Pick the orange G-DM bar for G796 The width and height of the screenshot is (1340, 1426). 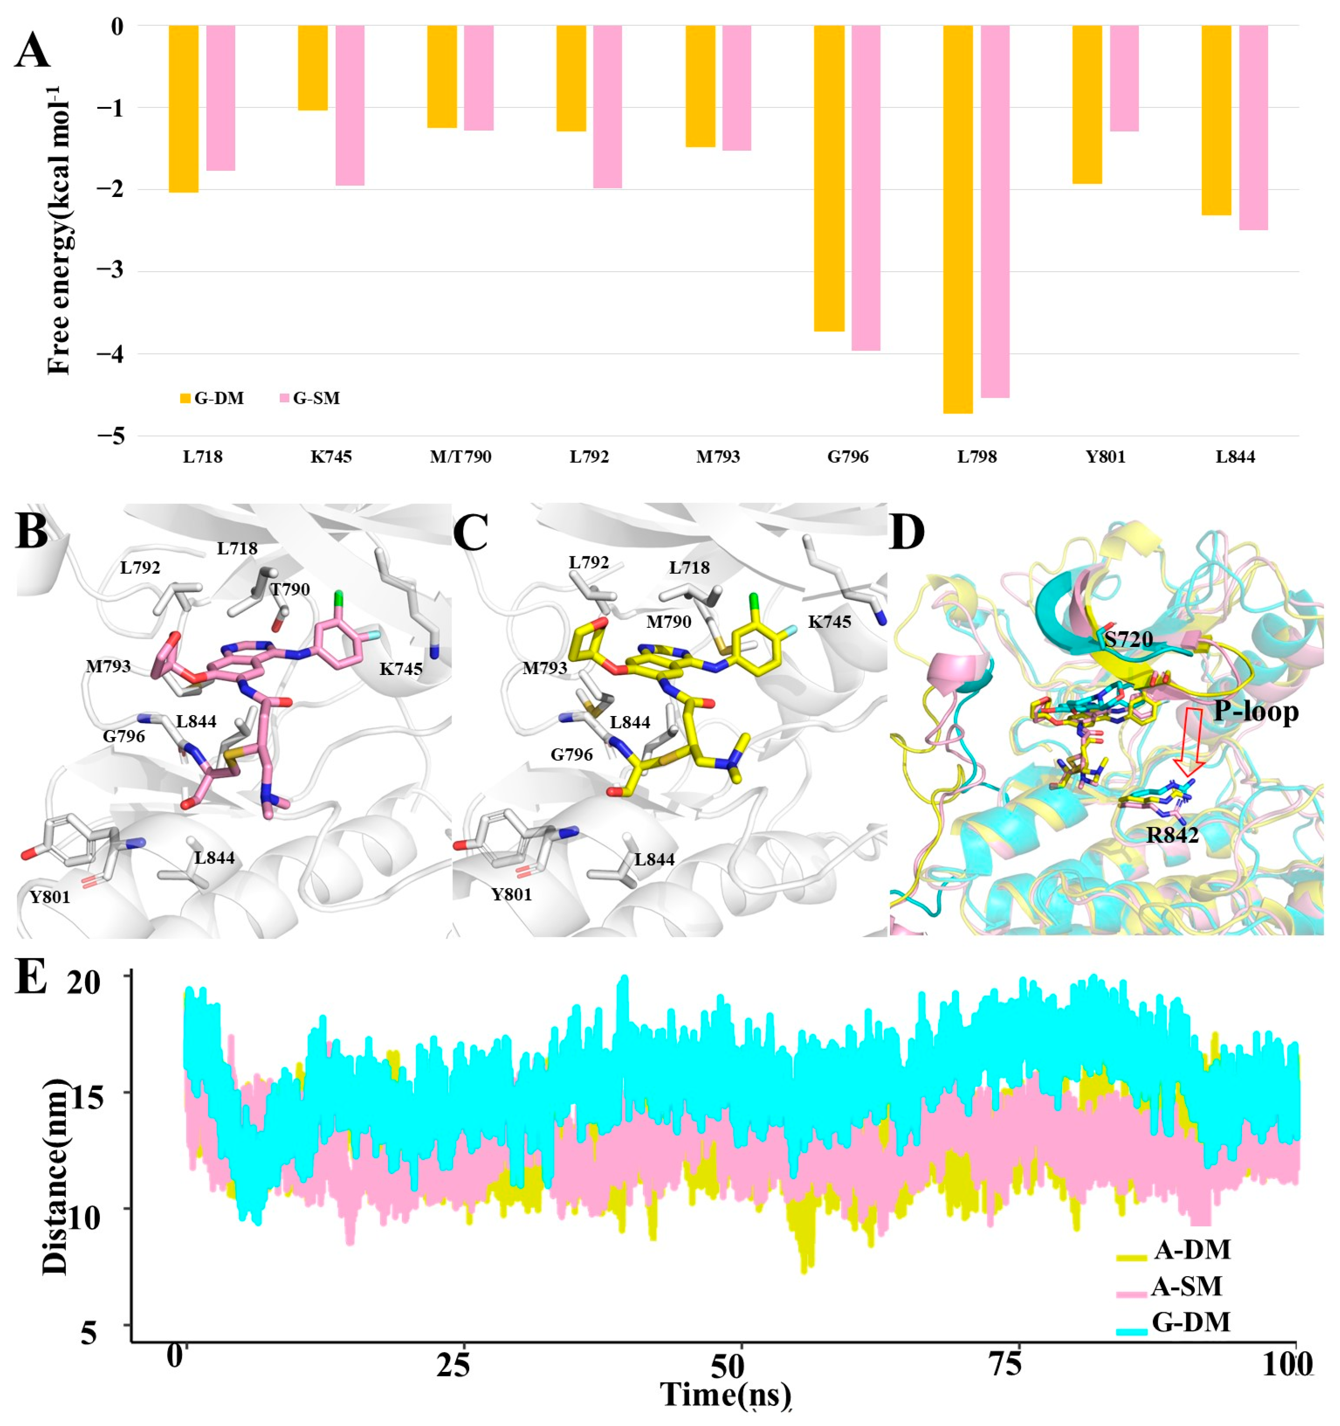pos(829,178)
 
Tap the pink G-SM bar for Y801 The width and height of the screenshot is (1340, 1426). pos(1124,79)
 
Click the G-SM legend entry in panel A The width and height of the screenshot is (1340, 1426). pos(310,398)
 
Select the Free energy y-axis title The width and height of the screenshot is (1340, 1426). pos(59,230)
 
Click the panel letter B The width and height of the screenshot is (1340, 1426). pos(32,532)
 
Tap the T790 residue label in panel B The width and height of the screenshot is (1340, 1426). pos(290,590)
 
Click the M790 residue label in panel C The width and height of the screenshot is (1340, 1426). pos(669,622)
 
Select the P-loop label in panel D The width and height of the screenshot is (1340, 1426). pos(1255,711)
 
